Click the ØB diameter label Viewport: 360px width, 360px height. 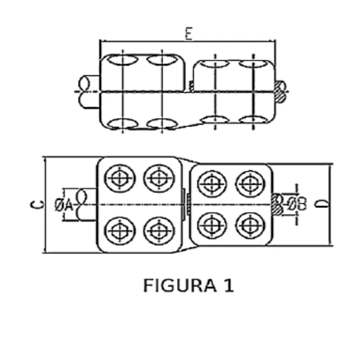[x=297, y=204]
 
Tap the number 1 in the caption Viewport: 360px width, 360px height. [x=228, y=286]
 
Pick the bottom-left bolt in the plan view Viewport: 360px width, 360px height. [x=120, y=230]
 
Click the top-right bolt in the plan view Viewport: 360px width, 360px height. [x=250, y=184]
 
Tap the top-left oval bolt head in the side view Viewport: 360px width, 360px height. [x=123, y=61]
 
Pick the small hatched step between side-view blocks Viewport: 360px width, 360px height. [x=191, y=86]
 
